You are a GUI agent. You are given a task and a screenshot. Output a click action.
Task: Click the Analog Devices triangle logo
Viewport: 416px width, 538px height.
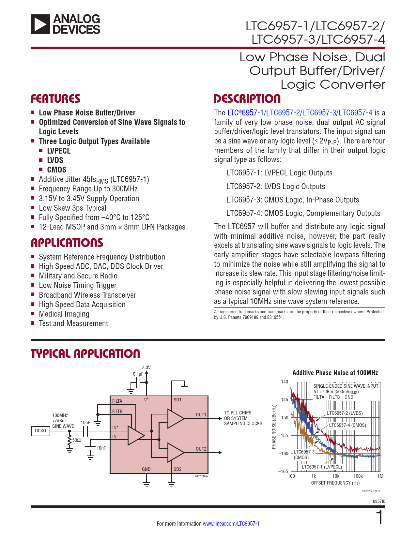[x=40, y=24]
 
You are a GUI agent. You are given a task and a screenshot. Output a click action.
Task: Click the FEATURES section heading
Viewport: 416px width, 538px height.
[x=55, y=99]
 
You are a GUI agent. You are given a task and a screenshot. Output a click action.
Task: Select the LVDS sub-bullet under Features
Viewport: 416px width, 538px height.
[x=55, y=160]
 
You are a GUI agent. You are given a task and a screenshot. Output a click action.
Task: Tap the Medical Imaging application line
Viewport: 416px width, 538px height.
[x=64, y=314]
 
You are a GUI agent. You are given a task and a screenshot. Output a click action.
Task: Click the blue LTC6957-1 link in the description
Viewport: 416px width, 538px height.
[x=245, y=113]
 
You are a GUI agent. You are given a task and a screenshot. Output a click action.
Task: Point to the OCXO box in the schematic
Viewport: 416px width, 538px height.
[x=40, y=431]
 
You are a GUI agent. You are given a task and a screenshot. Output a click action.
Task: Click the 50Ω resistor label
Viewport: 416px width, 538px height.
[x=77, y=440]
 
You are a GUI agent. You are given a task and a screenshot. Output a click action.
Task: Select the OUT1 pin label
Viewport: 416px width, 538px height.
[x=201, y=415]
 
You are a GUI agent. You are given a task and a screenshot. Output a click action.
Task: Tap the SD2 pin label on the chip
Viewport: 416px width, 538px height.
[x=177, y=469]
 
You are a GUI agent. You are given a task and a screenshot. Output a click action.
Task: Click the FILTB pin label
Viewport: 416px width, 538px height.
[x=117, y=411]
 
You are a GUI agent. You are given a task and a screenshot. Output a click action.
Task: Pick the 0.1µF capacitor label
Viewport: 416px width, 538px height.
[x=138, y=374]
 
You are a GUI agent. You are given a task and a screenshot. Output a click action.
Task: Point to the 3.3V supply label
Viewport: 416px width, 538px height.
[x=146, y=367]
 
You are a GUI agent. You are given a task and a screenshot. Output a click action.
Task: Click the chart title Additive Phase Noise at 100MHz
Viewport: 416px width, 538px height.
[x=335, y=373]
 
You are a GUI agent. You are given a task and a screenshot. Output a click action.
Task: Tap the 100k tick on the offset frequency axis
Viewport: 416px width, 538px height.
[x=358, y=476]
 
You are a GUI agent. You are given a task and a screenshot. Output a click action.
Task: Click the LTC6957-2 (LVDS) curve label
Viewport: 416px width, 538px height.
[x=345, y=413]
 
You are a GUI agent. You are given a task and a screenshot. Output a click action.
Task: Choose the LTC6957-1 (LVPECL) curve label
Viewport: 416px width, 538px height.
[x=322, y=467]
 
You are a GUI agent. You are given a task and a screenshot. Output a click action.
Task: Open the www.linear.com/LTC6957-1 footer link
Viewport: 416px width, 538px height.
[x=231, y=524]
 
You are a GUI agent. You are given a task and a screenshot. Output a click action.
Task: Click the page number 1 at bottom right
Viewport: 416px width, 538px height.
[x=380, y=518]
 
